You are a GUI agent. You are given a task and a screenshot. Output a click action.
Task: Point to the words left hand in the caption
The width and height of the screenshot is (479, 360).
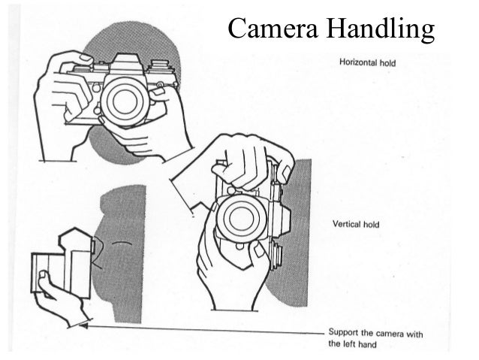(x=360, y=344)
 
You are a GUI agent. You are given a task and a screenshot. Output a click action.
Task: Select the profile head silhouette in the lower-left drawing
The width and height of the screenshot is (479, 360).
(x=124, y=241)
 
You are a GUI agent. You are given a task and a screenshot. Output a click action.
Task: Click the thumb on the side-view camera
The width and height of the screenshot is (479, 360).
(x=44, y=282)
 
